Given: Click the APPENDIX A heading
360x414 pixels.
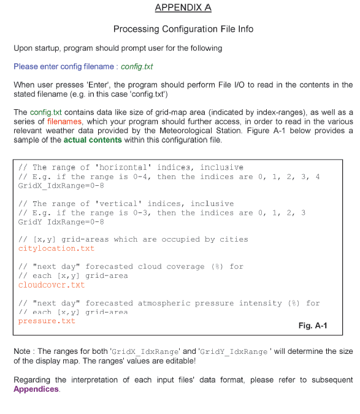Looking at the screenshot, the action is point(183,7).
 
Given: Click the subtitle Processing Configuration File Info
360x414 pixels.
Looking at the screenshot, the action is point(183,29).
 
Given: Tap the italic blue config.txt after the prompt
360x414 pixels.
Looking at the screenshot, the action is point(137,66).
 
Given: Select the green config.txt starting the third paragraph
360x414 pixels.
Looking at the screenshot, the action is point(45,112).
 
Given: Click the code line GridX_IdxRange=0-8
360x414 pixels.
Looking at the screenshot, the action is point(57,185).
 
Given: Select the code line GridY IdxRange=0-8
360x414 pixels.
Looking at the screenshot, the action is point(57,221).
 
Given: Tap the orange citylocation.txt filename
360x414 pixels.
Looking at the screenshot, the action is point(56,248).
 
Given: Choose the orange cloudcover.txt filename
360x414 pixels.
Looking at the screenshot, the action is point(52,285).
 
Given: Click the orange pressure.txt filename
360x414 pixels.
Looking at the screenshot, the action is point(47,321).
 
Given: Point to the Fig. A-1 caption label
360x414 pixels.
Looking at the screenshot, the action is point(312,326).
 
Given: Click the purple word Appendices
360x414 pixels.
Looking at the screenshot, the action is point(36,389).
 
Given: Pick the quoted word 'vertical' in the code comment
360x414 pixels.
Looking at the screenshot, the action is point(112,204).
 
